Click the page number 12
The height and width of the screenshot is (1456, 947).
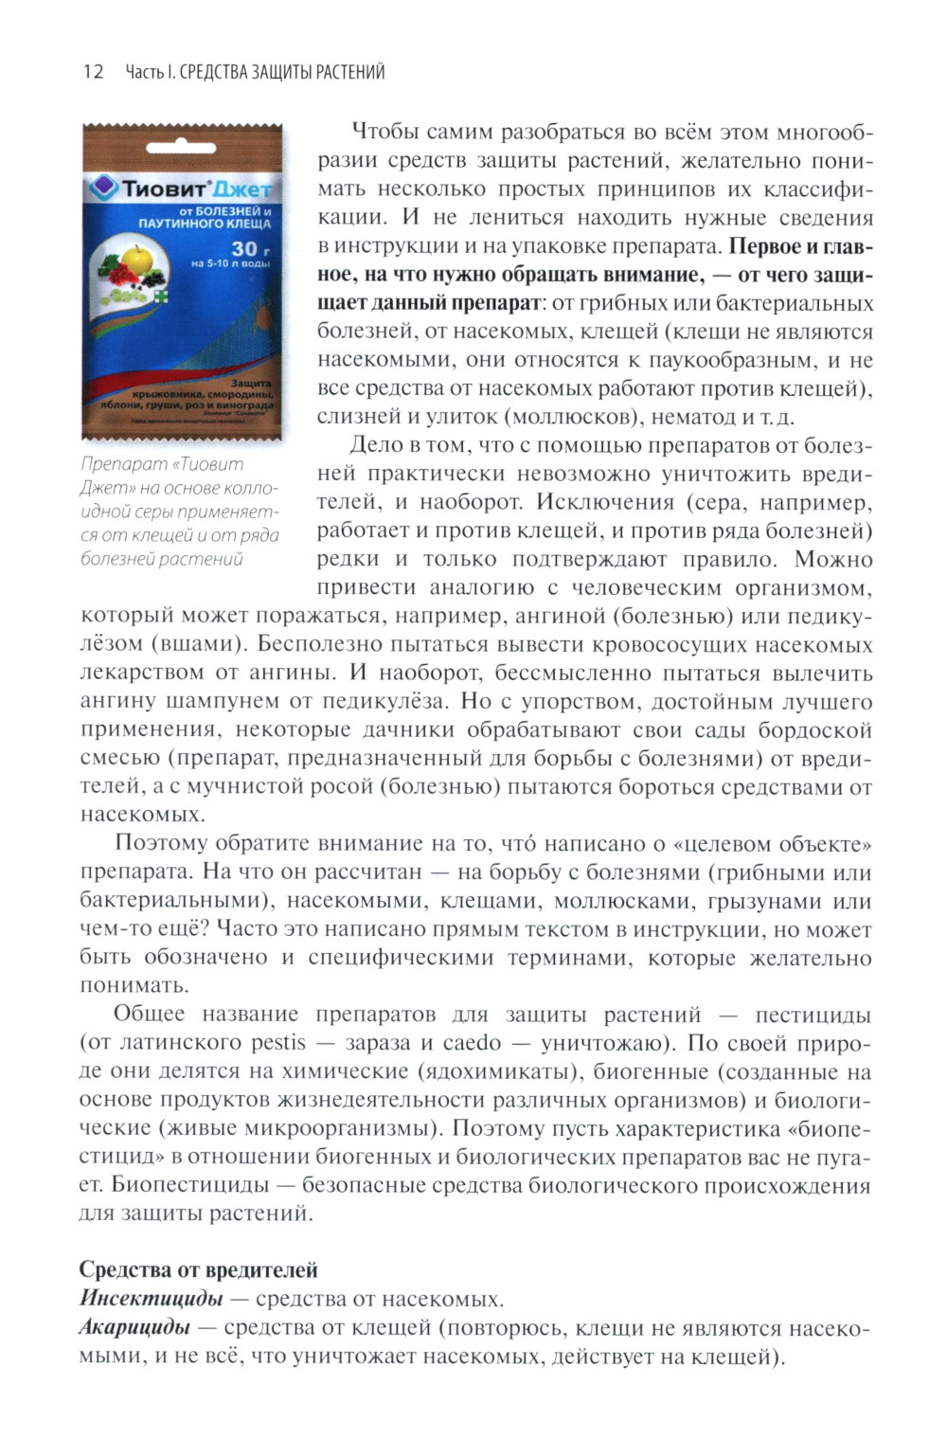pyautogui.click(x=93, y=72)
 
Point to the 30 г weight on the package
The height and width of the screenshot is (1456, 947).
pyautogui.click(x=244, y=251)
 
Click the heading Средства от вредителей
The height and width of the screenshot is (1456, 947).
pyautogui.click(x=198, y=1269)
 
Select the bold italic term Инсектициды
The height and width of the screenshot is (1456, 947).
pyautogui.click(x=152, y=1298)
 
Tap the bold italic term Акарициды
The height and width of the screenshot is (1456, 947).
pyautogui.click(x=134, y=1327)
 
